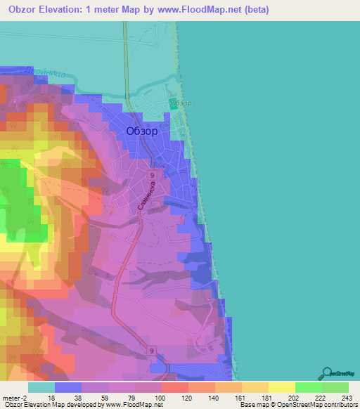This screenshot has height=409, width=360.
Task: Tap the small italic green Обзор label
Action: coord(182,103)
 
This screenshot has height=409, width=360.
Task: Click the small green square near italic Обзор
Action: coord(173,104)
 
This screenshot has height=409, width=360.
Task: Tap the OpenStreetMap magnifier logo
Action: coord(328,373)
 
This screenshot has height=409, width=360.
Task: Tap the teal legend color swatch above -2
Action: coord(41,387)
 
